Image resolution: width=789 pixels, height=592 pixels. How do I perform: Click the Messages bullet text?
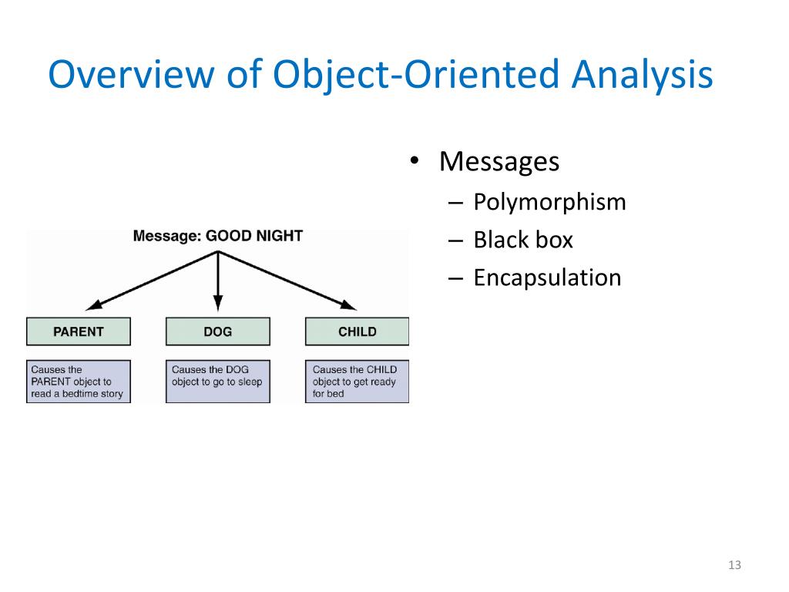[x=499, y=162]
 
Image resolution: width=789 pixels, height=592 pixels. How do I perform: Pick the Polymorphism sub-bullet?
[x=549, y=202]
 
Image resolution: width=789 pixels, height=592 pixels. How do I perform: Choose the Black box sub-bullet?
[x=523, y=240]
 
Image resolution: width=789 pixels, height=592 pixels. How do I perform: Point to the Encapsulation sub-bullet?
[x=547, y=277]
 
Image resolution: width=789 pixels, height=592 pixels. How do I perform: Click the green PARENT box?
[x=79, y=331]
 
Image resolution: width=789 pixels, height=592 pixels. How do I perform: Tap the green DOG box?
[x=217, y=331]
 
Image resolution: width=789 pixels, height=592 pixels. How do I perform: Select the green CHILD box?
[x=357, y=331]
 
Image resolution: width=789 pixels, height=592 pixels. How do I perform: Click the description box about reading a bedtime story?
[x=79, y=382]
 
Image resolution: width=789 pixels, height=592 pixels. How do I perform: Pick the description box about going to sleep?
[x=217, y=382]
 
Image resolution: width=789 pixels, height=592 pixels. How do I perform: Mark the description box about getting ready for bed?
[x=357, y=382]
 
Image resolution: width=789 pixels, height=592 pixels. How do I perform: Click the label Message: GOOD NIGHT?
[x=218, y=236]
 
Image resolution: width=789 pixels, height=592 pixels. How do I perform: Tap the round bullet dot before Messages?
[x=414, y=163]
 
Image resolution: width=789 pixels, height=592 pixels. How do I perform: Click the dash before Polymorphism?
[x=455, y=203]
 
